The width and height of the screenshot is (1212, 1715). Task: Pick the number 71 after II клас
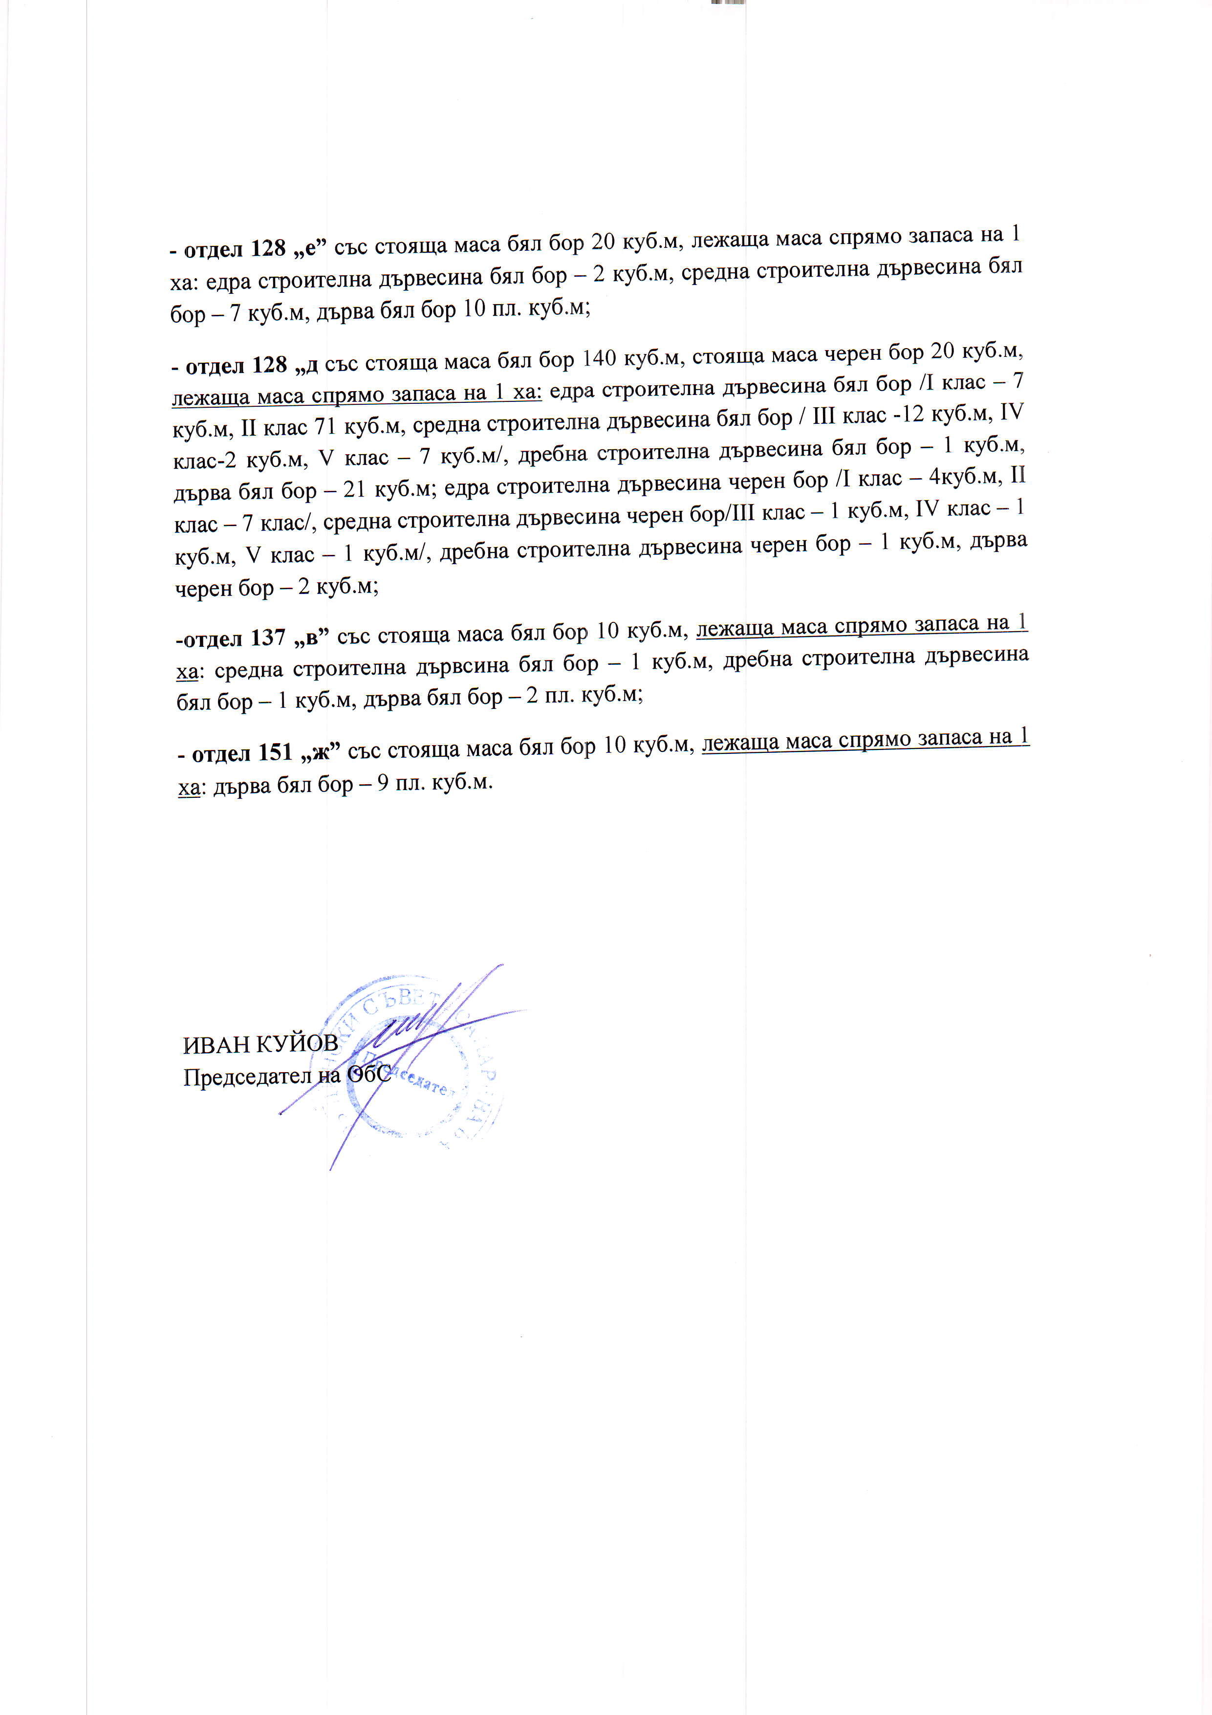point(324,427)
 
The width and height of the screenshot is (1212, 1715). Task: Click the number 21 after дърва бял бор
point(354,490)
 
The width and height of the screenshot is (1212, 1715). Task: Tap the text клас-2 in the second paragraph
point(204,460)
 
